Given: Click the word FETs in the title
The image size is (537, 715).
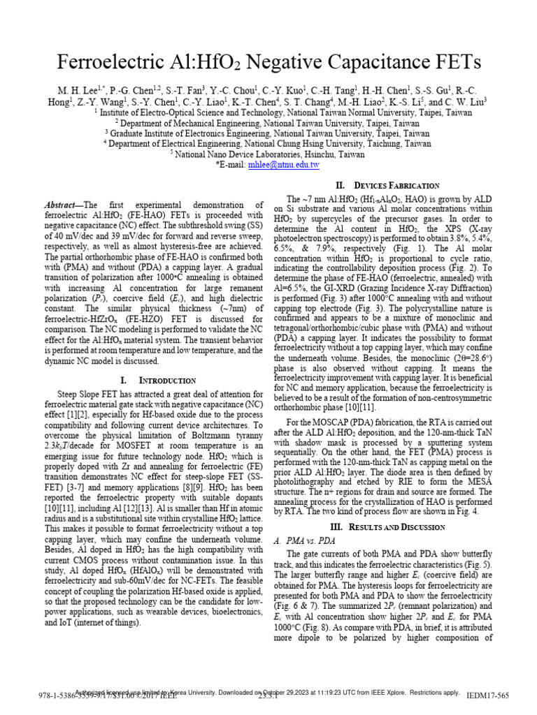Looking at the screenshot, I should tap(452, 63).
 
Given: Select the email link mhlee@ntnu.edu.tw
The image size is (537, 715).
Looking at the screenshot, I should tap(288, 165).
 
